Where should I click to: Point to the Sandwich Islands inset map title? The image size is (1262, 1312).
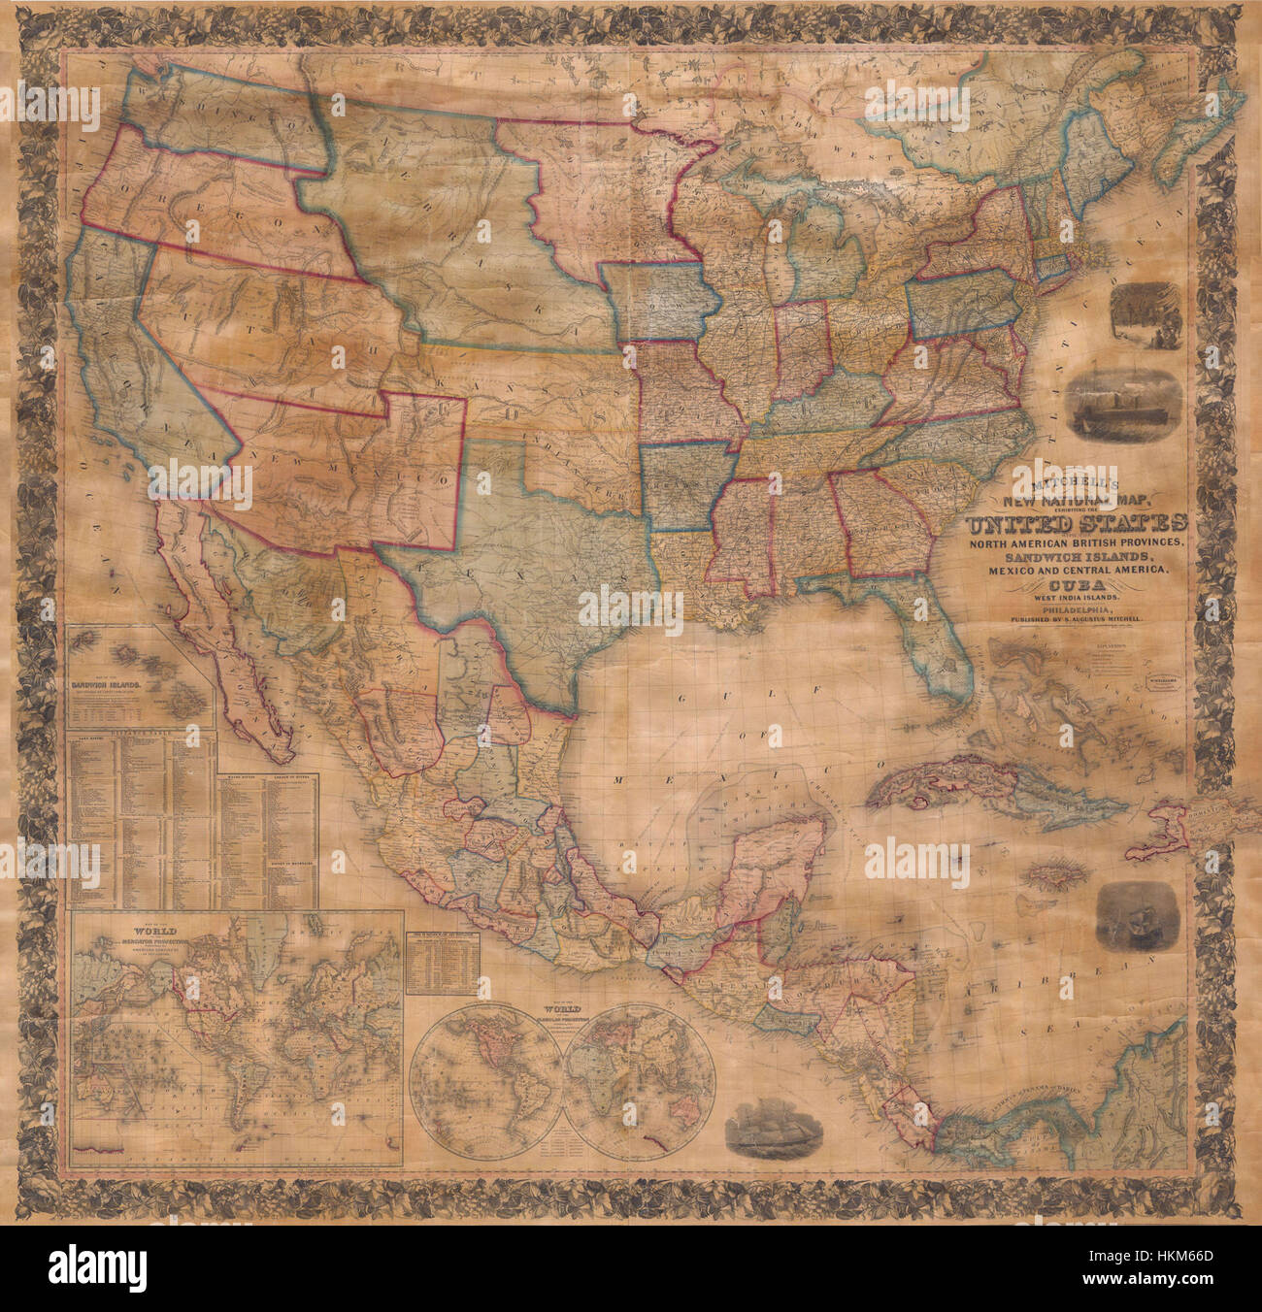tap(110, 683)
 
